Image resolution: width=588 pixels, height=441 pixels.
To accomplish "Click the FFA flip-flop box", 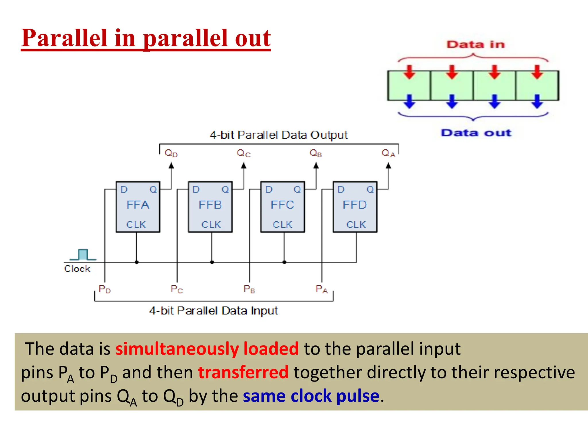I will tap(138, 207).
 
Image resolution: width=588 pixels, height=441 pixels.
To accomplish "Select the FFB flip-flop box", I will tap(210, 207).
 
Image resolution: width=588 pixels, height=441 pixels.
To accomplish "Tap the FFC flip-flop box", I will tap(283, 207).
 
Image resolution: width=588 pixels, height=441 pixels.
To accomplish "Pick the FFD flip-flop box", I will tap(355, 207).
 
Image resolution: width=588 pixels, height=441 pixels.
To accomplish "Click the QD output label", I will tap(171, 153).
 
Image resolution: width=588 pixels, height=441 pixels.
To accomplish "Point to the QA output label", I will tap(388, 153).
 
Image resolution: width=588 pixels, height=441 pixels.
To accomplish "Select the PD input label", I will tap(105, 289).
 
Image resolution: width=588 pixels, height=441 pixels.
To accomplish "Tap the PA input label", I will tap(322, 289).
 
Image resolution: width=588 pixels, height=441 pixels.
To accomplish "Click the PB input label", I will tap(249, 289).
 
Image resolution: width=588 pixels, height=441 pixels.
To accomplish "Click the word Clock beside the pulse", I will tap(77, 269).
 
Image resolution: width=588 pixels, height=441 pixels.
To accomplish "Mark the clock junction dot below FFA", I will tap(137, 262).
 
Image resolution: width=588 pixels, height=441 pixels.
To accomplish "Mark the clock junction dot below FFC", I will tap(284, 262).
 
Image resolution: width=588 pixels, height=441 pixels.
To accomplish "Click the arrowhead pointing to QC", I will tap(244, 165).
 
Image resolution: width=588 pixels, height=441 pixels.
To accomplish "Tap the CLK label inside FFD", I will tap(356, 225).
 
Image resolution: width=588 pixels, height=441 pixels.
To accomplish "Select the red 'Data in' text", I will tap(475, 45).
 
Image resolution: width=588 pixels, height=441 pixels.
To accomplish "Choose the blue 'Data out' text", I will tap(476, 133).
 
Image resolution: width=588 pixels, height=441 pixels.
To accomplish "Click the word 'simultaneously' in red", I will tap(177, 349).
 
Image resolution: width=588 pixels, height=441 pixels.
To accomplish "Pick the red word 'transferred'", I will tap(243, 372).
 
